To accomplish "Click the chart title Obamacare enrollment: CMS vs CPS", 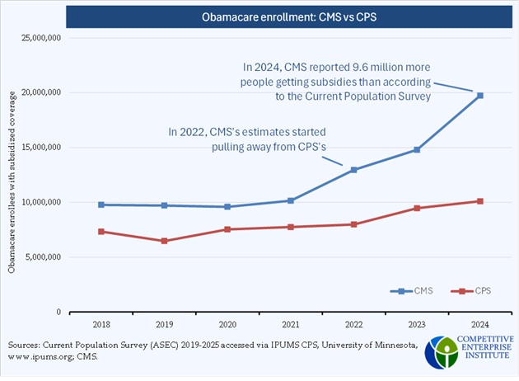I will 259,16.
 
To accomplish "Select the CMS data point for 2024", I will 480,96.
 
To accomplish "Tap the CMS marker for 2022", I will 353,170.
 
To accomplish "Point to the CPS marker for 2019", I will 164,241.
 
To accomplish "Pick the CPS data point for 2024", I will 480,201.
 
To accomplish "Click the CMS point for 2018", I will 101,205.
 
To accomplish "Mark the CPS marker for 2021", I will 290,227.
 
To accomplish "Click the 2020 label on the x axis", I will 227,325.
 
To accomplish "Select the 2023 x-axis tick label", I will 417,325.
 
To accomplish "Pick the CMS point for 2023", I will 417,149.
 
